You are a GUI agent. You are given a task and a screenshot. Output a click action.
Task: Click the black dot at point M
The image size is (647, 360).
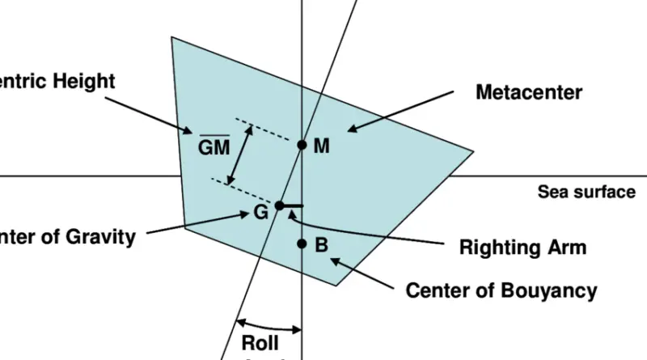click(x=302, y=146)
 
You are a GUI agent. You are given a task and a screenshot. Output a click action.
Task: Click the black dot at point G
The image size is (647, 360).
click(x=279, y=205)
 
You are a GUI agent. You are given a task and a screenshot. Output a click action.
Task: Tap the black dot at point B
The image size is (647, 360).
click(x=302, y=244)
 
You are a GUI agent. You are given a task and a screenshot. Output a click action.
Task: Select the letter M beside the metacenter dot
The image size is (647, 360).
click(x=322, y=146)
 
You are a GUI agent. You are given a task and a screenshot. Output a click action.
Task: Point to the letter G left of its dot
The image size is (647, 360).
click(x=260, y=214)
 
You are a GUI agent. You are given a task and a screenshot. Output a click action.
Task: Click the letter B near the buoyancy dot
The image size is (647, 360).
click(x=321, y=244)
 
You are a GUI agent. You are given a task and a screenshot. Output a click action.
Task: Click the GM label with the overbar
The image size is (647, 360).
click(x=214, y=147)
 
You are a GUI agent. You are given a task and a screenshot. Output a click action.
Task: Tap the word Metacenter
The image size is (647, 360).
click(x=529, y=92)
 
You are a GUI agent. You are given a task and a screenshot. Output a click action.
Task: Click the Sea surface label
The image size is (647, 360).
click(x=586, y=193)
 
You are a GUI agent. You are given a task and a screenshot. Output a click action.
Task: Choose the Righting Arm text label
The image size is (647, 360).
click(x=522, y=248)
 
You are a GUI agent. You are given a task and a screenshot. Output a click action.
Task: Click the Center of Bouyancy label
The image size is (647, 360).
click(x=501, y=290)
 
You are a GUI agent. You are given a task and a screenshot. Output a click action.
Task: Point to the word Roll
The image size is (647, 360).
click(x=260, y=342)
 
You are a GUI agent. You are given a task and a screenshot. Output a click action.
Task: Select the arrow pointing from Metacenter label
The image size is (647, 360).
click(x=400, y=110)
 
